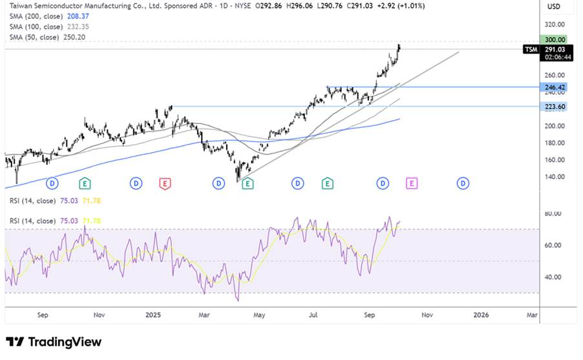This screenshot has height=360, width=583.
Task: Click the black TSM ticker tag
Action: point(531,49)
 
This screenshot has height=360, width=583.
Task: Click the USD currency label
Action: point(553,6)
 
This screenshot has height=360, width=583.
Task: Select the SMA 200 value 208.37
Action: point(76,17)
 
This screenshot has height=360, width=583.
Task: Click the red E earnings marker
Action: point(165,184)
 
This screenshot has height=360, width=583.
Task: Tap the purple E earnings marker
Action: point(411,184)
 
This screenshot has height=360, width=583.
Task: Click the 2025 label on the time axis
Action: point(153,315)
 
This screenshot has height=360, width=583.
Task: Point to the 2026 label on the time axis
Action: point(481,315)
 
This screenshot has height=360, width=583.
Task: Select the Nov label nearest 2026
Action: point(427,315)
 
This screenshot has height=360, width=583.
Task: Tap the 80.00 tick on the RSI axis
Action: point(553,214)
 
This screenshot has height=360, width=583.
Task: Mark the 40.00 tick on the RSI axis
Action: point(553,277)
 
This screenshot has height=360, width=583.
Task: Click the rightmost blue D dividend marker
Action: point(463,184)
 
